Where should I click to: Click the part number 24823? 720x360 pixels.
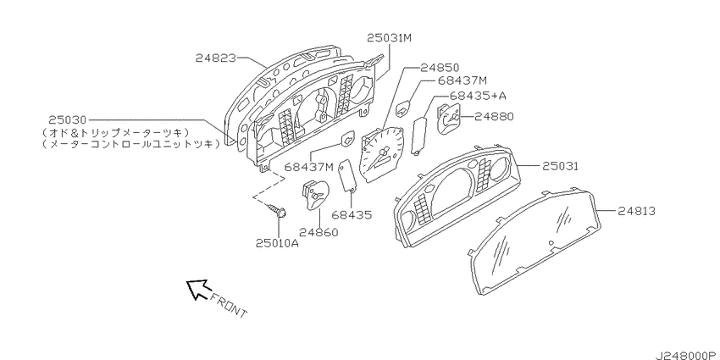pyautogui.click(x=216, y=58)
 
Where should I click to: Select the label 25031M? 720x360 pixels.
pyautogui.click(x=390, y=37)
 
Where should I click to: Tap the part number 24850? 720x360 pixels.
pyautogui.click(x=440, y=68)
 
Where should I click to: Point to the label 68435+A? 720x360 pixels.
pyautogui.click(x=471, y=96)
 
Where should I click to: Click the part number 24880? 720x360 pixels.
pyautogui.click(x=494, y=117)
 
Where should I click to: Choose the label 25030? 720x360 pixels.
pyautogui.click(x=68, y=119)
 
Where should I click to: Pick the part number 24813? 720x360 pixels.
pyautogui.click(x=635, y=211)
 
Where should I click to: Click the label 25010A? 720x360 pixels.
pyautogui.click(x=277, y=243)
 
